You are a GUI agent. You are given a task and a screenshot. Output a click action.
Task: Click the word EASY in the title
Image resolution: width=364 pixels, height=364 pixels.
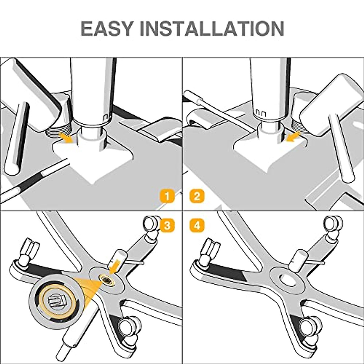click(107, 29)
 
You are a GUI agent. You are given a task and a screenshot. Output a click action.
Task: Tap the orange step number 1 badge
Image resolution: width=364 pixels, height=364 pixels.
click(167, 197)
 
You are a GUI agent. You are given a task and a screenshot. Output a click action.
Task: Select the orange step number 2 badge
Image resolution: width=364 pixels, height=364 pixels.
click(197, 197)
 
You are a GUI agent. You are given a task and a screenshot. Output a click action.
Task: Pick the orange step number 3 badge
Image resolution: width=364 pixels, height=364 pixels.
click(167, 225)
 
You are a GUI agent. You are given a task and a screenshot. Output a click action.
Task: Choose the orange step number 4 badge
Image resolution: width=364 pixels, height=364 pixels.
click(197, 225)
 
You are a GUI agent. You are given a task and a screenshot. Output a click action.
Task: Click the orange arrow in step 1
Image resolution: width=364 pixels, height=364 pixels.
click(67, 137)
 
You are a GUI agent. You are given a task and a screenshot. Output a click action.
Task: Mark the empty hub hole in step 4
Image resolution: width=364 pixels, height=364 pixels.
click(287, 279)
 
